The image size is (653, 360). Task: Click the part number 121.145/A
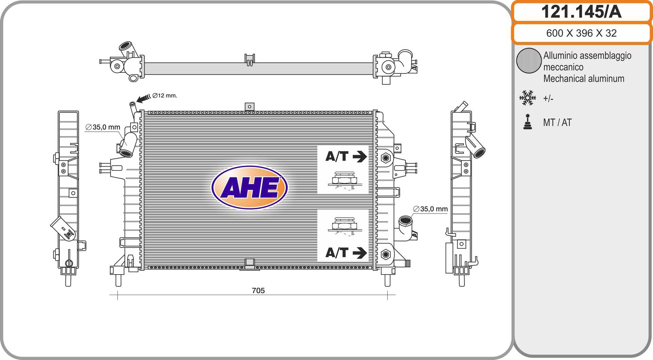tap(581, 12)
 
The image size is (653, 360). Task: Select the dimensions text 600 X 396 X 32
tap(581, 33)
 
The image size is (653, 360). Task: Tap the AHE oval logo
tap(250, 187)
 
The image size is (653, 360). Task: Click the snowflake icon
tap(528, 98)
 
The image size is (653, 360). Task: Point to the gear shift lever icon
tap(528, 122)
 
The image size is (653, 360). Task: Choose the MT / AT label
tap(557, 122)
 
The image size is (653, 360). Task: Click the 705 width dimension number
tap(258, 290)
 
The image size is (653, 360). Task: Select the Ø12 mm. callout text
tap(165, 96)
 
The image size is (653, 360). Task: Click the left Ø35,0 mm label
tap(103, 127)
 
